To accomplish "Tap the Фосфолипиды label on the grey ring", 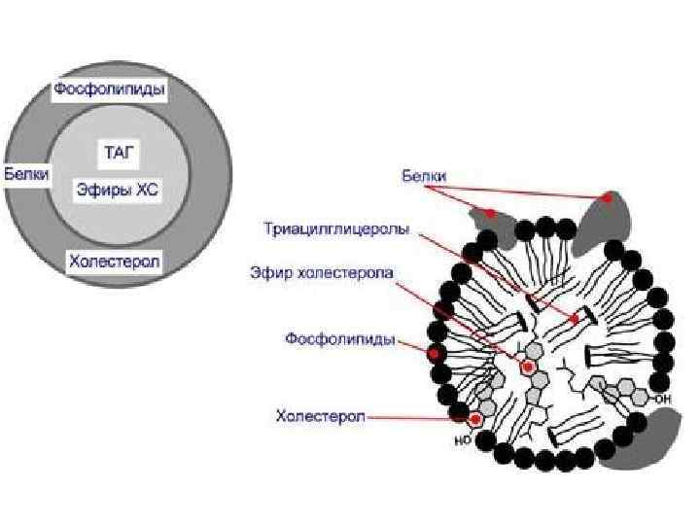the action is coord(109,90).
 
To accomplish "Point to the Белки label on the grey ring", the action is coord(27,174).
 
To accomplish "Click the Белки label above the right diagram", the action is coord(425,176).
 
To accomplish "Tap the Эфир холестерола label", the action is coord(322,273).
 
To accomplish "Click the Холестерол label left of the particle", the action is coord(320,416).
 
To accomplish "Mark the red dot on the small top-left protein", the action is coord(492,212).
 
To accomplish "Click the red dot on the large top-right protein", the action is coord(609,197).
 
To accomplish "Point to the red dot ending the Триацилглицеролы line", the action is coord(576,318).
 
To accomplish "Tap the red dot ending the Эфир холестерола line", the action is coord(528,367).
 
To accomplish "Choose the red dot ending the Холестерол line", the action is coord(475,419).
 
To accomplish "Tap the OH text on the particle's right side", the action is coord(663,398).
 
